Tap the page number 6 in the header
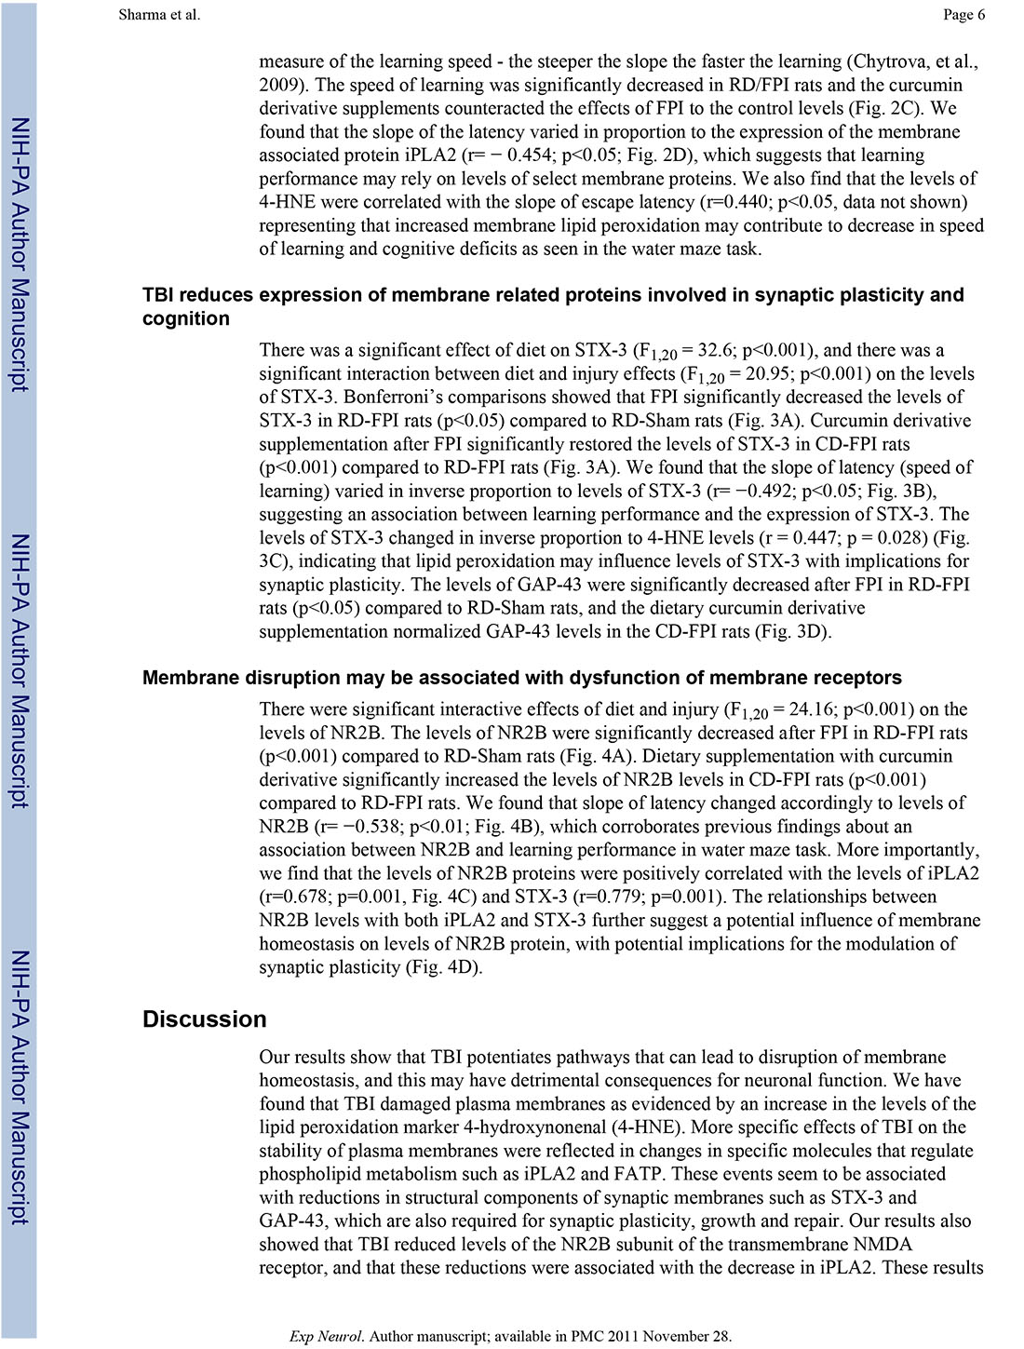pyautogui.click(x=980, y=14)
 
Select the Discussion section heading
pyautogui.click(x=204, y=1019)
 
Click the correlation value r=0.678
pyautogui.click(x=293, y=897)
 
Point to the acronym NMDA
pyautogui.click(x=883, y=1244)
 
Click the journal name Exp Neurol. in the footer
pyautogui.click(x=327, y=1336)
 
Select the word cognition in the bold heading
pyautogui.click(x=186, y=318)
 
